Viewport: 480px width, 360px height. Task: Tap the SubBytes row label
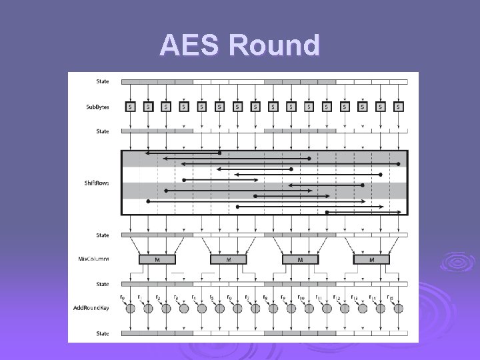tap(97, 107)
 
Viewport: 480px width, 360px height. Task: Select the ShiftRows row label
tap(97, 183)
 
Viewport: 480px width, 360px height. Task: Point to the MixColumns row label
tap(97, 259)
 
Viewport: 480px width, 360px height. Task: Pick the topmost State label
tap(102, 81)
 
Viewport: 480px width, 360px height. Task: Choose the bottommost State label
tap(102, 333)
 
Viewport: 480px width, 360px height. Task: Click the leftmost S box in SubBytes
tap(130, 107)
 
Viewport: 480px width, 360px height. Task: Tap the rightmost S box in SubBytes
tap(398, 107)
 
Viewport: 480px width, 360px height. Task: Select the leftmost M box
tap(157, 259)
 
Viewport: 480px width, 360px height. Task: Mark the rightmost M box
tap(371, 259)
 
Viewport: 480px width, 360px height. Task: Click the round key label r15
tap(391, 297)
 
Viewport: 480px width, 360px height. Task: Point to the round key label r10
tap(301, 297)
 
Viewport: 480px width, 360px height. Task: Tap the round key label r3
tap(176, 297)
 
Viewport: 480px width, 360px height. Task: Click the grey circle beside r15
tap(398, 308)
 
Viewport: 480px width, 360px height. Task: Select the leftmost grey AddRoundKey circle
tap(130, 308)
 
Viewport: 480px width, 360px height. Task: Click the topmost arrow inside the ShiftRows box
tap(183, 153)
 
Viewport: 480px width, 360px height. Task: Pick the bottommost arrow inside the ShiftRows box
tap(363, 213)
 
